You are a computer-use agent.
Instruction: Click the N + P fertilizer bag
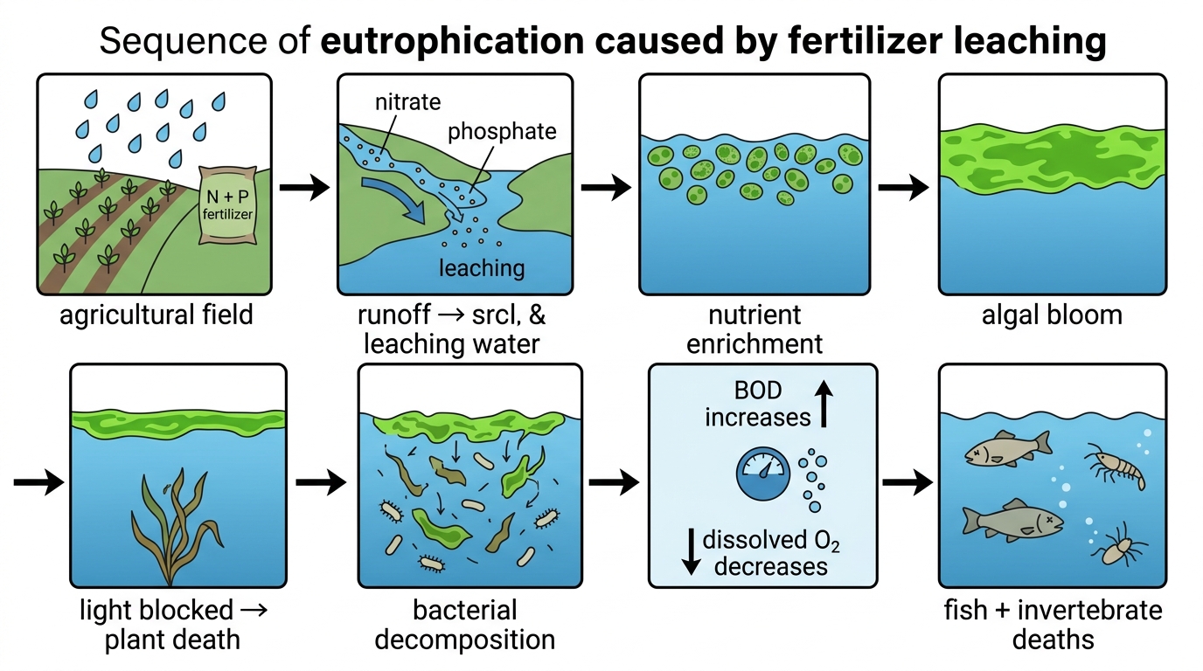point(226,204)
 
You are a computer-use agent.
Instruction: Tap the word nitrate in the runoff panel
point(407,102)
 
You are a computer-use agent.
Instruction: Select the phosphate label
point(502,132)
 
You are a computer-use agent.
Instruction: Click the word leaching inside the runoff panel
point(481,268)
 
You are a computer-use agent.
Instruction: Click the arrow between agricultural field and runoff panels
point(304,187)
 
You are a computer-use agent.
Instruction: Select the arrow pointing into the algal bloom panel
point(903,187)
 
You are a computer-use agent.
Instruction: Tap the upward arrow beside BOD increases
point(824,404)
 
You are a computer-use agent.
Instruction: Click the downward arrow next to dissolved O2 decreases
point(691,552)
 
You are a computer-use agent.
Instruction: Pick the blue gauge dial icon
point(762,474)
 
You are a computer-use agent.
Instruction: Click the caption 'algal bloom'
point(1052,315)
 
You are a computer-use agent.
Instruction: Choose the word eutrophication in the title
point(452,41)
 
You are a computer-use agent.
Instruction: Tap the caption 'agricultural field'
point(156,315)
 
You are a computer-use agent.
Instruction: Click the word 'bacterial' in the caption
point(465,611)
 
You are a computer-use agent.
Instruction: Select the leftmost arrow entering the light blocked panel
point(38,482)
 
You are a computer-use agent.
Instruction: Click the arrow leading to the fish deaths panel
point(907,482)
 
